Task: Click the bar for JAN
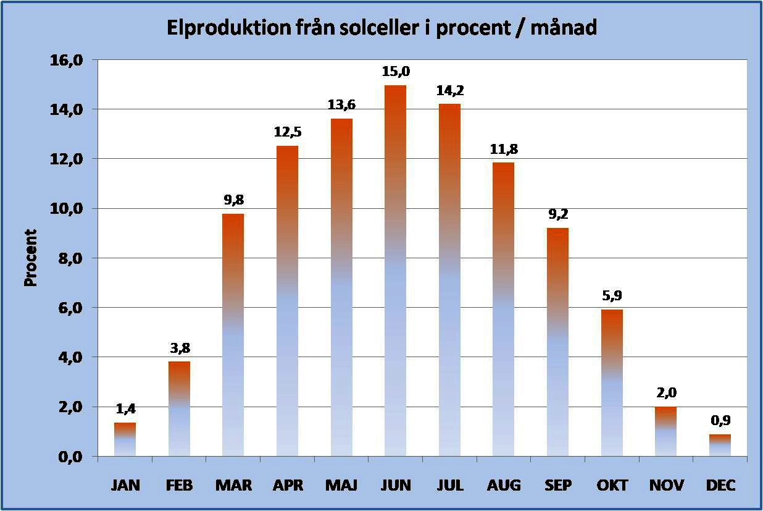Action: coord(125,440)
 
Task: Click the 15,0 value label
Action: coord(395,72)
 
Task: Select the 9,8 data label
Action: coord(233,201)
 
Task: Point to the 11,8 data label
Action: coord(503,149)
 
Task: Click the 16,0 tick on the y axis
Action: coord(69,60)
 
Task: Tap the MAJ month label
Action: coord(341,486)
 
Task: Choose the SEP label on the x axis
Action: coord(557,486)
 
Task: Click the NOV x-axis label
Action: coord(665,486)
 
